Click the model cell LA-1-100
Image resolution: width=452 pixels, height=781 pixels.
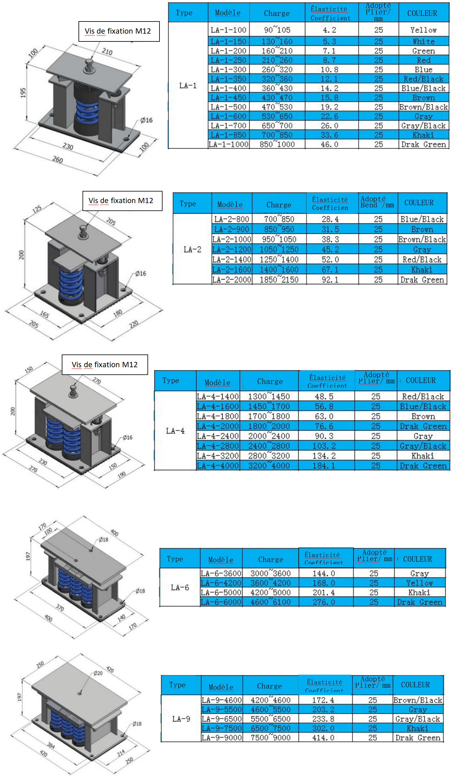228,30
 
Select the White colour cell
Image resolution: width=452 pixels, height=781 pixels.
423,41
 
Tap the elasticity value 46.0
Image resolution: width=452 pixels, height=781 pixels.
329,144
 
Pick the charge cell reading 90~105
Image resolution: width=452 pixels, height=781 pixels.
277,30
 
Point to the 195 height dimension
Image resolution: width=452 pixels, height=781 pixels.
23,93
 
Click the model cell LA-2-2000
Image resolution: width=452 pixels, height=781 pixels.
231,280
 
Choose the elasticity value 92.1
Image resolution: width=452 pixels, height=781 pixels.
330,280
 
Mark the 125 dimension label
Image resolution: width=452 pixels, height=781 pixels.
37,209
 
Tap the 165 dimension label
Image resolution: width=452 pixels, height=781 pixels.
45,314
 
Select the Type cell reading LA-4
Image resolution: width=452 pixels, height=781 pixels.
175,431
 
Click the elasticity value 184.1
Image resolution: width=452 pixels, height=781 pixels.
324,466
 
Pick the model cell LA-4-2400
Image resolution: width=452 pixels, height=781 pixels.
218,436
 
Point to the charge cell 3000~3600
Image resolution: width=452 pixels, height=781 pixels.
270,573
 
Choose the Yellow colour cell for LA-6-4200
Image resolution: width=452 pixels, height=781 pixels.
419,583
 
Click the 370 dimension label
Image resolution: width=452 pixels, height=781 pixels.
60,607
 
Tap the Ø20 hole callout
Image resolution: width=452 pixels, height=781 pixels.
98,673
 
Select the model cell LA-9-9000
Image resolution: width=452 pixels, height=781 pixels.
221,738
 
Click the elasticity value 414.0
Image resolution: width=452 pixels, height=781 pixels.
323,738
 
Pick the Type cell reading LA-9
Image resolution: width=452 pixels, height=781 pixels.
181,719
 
